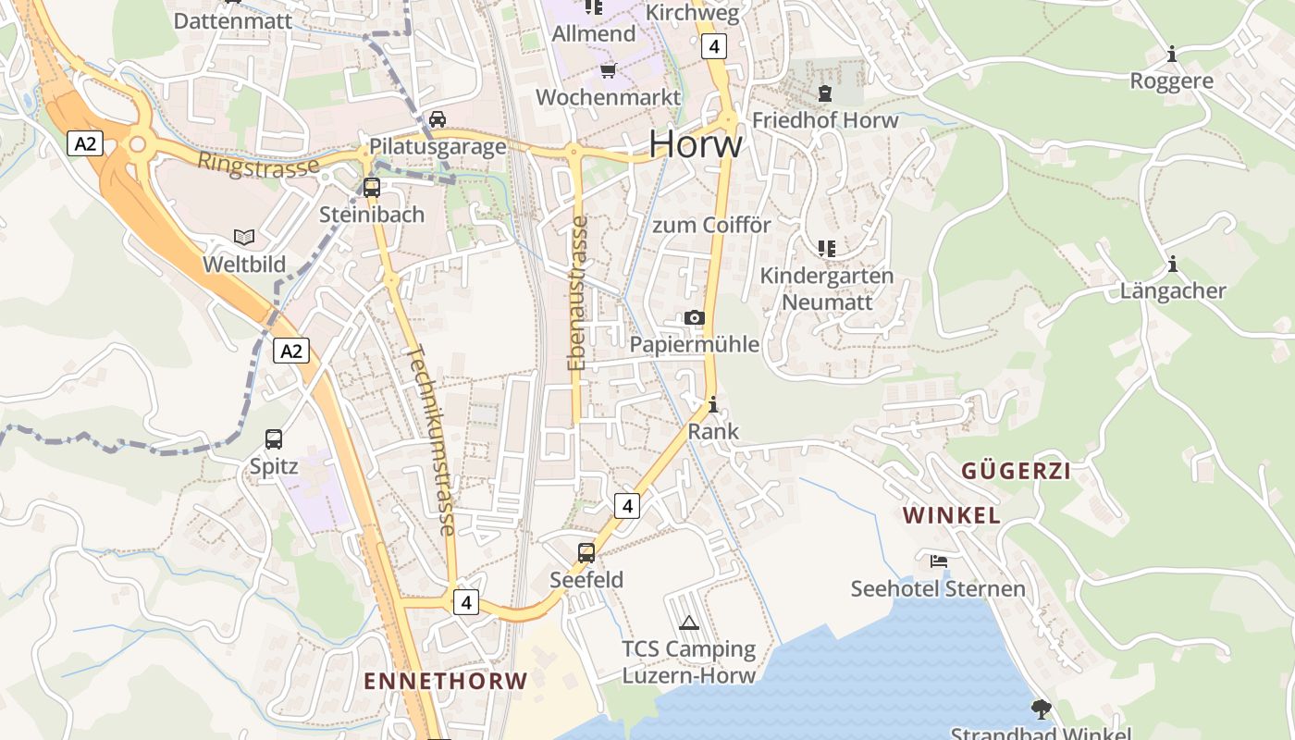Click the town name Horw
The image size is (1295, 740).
(x=695, y=144)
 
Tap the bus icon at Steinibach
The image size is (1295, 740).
(x=372, y=188)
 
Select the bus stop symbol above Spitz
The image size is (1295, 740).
(x=274, y=439)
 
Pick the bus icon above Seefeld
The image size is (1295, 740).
(x=586, y=553)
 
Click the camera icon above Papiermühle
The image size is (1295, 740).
(x=695, y=318)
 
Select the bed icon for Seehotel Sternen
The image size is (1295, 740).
(x=939, y=561)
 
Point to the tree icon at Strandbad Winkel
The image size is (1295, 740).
(x=1042, y=709)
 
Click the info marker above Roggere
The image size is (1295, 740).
(x=1172, y=55)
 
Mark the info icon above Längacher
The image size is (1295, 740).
(x=1173, y=265)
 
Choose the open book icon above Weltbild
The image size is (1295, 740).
(x=244, y=238)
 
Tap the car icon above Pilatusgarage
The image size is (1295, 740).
(x=438, y=119)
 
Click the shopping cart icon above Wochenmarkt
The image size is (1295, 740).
(x=608, y=70)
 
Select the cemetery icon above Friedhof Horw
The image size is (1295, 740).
(x=824, y=93)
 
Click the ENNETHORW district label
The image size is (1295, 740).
(x=445, y=682)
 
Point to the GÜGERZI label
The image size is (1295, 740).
(x=1016, y=471)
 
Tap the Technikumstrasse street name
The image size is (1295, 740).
(x=431, y=440)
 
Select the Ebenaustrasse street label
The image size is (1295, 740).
(x=578, y=292)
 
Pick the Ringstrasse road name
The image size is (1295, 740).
(x=258, y=165)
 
